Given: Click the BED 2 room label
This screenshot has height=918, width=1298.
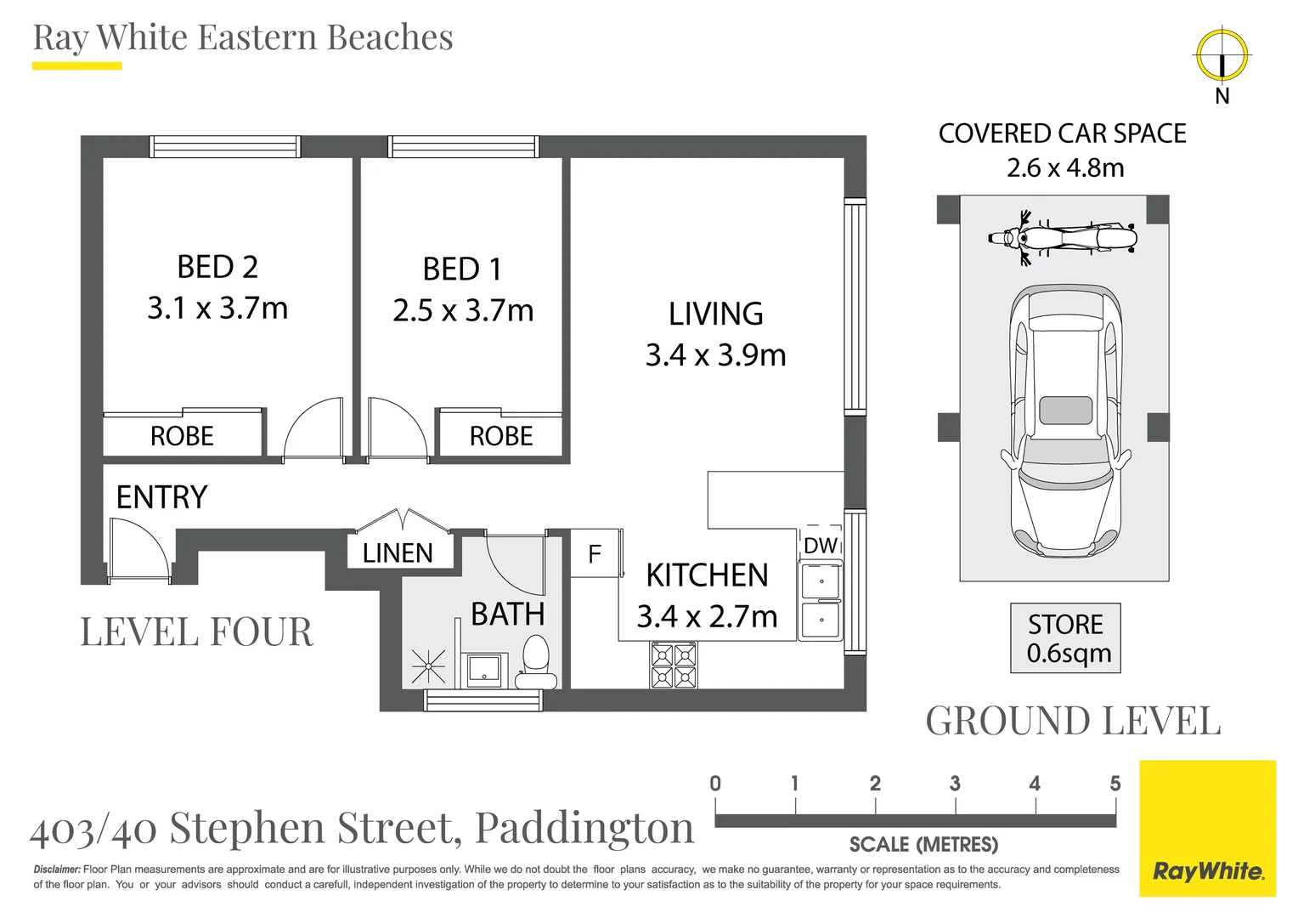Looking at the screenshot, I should pyautogui.click(x=217, y=267).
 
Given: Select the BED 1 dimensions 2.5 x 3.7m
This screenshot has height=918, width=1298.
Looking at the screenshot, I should pyautogui.click(x=463, y=310).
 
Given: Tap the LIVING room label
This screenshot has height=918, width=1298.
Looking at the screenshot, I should pyautogui.click(x=715, y=314).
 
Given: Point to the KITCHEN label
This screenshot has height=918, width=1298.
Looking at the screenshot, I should pyautogui.click(x=707, y=575).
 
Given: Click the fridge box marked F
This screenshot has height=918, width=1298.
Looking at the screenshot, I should pyautogui.click(x=595, y=554).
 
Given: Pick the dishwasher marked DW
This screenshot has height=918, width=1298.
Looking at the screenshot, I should pyautogui.click(x=821, y=546).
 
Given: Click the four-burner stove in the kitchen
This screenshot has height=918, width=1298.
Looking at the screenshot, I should pyautogui.click(x=674, y=666).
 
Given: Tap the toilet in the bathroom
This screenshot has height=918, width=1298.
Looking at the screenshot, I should pyautogui.click(x=536, y=664).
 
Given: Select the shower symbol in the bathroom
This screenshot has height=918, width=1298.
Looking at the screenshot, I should pyautogui.click(x=428, y=666).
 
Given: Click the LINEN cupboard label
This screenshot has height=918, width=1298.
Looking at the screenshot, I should pyautogui.click(x=398, y=553).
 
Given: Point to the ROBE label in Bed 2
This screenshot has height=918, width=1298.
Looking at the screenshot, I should pyautogui.click(x=182, y=436).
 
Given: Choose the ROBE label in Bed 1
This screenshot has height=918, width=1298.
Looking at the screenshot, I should pyautogui.click(x=501, y=436).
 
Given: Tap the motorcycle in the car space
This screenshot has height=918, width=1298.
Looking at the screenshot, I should pyautogui.click(x=1063, y=237).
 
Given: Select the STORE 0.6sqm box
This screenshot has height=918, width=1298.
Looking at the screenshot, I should pyautogui.click(x=1065, y=638).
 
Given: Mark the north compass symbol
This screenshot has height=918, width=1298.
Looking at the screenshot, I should pyautogui.click(x=1222, y=56).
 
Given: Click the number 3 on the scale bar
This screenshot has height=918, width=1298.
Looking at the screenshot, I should pyautogui.click(x=955, y=783).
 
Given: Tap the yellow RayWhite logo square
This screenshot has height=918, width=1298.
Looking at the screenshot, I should pyautogui.click(x=1207, y=829).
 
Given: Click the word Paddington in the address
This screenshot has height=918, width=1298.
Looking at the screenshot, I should pyautogui.click(x=584, y=828).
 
